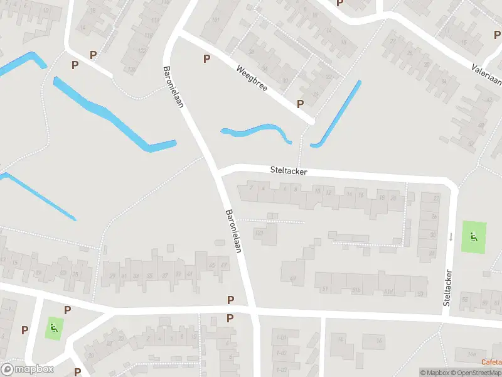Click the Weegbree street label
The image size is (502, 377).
(252, 79)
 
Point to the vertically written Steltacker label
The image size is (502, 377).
(447, 288)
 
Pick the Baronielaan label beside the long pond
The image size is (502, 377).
(173, 87)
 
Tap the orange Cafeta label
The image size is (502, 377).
(491, 361)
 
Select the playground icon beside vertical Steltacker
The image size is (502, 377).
(473, 237)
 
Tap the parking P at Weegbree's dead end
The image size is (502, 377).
(300, 104)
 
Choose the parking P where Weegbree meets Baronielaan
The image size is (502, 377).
(206, 59)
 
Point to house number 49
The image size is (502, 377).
(293, 278)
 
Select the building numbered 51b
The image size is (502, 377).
(356, 290)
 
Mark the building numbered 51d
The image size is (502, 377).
(389, 290)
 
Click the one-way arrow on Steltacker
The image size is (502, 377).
(450, 237)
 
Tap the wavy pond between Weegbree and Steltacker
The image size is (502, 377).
(257, 133)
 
